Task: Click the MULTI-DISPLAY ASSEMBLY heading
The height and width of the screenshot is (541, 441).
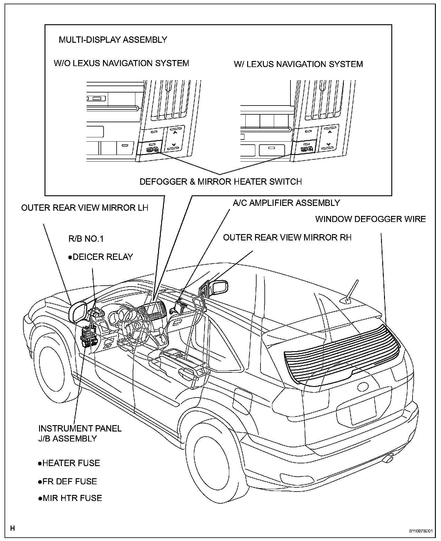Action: [113, 40]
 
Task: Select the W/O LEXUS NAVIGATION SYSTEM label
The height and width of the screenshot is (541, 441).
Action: [121, 63]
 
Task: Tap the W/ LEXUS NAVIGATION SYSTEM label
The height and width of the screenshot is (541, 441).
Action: [298, 64]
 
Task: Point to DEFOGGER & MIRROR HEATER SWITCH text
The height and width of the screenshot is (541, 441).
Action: [220, 182]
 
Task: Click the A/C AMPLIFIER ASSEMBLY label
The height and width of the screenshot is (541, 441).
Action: [286, 203]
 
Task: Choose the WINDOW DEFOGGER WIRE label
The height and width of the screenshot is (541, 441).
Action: [370, 219]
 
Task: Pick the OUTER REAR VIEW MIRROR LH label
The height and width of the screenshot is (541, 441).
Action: [85, 208]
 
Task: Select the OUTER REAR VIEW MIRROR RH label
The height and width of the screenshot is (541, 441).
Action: [287, 237]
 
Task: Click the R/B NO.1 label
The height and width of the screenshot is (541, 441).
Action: [86, 239]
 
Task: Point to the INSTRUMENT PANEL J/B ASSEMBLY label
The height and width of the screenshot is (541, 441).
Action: [80, 433]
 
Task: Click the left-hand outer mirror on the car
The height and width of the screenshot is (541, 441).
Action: [77, 312]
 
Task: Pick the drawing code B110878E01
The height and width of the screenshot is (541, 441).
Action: [420, 531]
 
